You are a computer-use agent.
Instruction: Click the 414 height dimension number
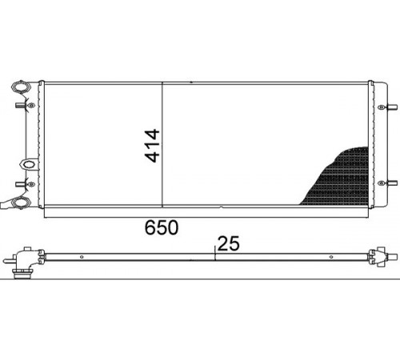152,146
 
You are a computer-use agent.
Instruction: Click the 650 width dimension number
162,227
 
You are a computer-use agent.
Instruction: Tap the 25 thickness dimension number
229,243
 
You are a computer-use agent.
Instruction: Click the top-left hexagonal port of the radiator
20,87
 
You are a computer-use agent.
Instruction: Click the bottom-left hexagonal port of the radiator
22,202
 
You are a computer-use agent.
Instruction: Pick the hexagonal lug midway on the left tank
28,164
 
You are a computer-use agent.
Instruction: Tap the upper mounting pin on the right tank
392,107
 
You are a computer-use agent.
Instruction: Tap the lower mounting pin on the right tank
392,183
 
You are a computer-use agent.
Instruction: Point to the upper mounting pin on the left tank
20,105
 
